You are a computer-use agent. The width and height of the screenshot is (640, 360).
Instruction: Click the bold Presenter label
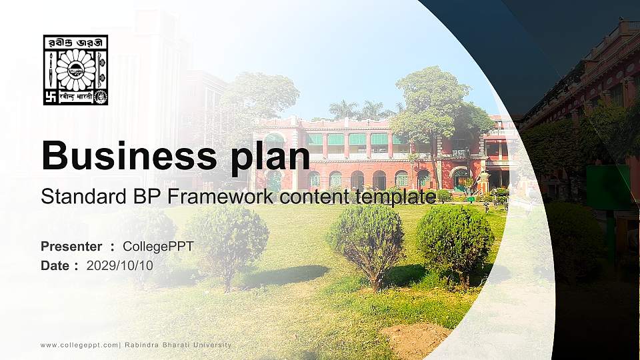pos(71,247)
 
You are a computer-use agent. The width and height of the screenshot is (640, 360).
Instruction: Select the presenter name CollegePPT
pos(158,247)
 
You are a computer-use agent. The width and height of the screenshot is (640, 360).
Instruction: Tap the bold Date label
pos(55,265)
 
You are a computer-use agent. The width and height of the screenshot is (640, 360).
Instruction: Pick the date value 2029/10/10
pos(120,265)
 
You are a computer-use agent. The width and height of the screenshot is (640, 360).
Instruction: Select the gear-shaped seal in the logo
pos(101,97)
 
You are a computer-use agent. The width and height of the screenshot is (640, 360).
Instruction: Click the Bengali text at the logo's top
pos(75,43)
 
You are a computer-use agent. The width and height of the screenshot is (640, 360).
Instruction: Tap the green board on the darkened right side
pos(608,188)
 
